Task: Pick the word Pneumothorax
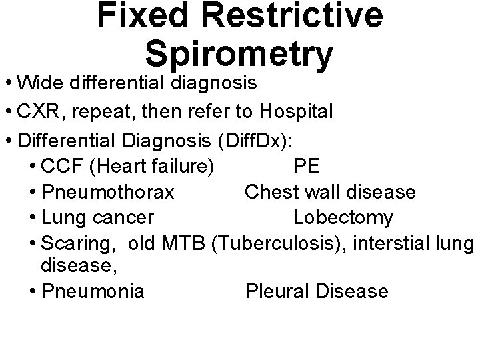click(108, 193)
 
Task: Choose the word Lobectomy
click(343, 218)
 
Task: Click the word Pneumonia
click(93, 291)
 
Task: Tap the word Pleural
click(275, 291)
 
